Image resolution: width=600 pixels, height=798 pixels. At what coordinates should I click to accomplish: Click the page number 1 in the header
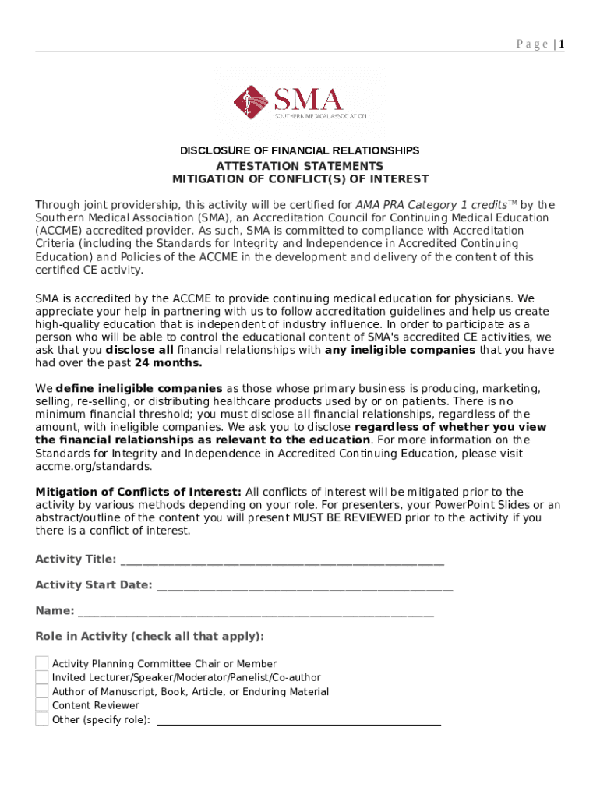(x=561, y=44)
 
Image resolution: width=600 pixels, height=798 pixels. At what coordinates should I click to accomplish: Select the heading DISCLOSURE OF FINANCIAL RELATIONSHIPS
(x=299, y=150)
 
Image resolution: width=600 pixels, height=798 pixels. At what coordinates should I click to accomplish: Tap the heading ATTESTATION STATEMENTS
(x=299, y=166)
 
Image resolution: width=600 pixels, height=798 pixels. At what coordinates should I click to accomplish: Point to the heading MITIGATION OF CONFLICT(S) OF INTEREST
(x=300, y=179)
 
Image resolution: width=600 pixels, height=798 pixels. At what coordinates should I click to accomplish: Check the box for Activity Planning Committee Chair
(x=42, y=663)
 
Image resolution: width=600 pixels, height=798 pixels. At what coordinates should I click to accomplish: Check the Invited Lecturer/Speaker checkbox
(x=42, y=677)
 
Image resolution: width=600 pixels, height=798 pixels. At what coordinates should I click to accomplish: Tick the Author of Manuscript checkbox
(x=42, y=691)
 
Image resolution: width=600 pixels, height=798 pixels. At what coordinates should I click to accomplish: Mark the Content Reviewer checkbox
(x=42, y=705)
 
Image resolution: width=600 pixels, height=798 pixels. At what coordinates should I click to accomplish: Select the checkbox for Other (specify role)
(x=42, y=719)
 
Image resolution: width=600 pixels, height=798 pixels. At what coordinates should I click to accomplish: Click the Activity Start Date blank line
(x=304, y=586)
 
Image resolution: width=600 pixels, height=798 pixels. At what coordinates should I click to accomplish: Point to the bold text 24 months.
(x=168, y=363)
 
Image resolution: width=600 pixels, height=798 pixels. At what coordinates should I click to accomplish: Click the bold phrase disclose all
(x=139, y=350)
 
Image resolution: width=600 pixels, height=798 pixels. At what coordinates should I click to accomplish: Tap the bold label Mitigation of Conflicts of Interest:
(x=139, y=492)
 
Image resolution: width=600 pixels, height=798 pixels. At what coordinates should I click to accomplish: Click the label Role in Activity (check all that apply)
(x=150, y=637)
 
